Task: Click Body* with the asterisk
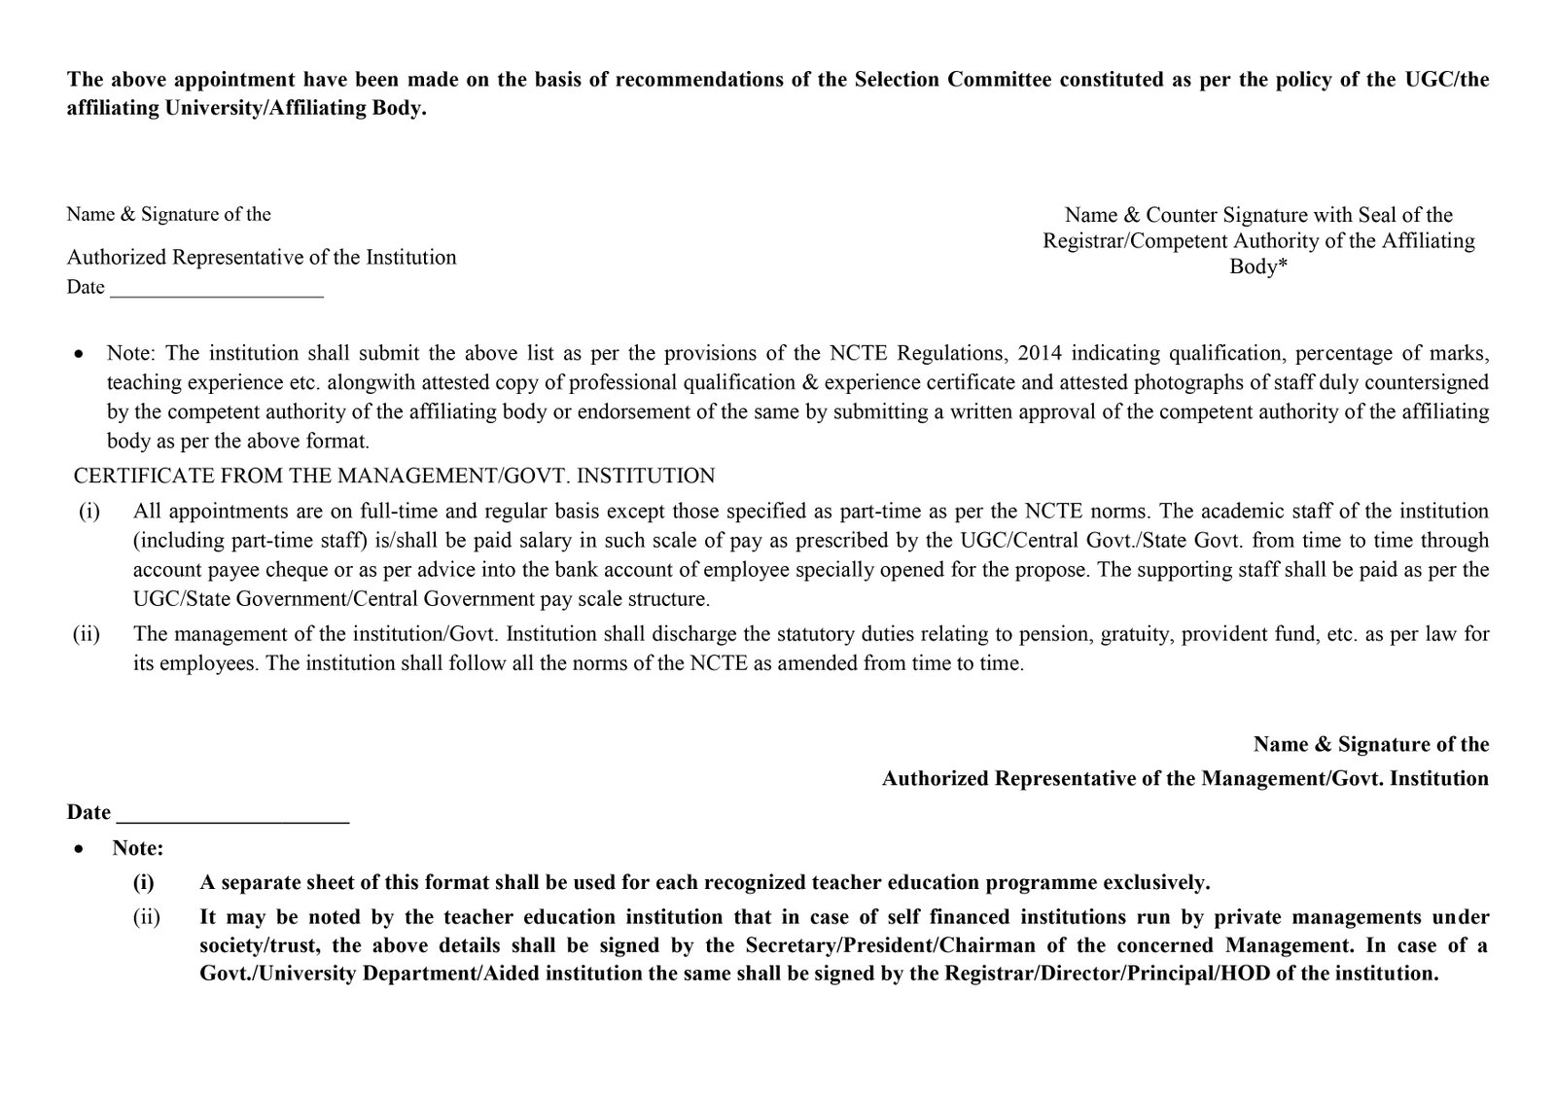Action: point(1258,266)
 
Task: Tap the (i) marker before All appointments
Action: point(88,511)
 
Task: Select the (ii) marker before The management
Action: point(87,634)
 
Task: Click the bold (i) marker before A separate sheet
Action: point(144,883)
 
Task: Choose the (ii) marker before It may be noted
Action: point(146,916)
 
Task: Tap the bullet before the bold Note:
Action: point(78,849)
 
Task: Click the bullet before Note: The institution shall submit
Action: point(78,353)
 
